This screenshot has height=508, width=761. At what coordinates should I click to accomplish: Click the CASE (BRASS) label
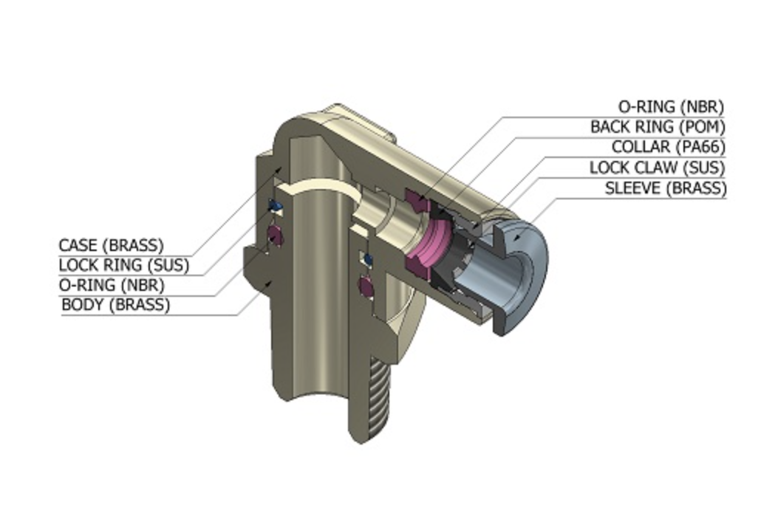pos(111,245)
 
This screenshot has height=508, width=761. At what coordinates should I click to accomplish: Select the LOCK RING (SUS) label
pos(124,265)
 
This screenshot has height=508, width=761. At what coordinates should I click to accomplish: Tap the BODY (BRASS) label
pos(116,305)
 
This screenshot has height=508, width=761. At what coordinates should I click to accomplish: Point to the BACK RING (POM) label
pos(658,127)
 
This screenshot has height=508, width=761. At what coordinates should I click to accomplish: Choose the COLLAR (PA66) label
pos(669,146)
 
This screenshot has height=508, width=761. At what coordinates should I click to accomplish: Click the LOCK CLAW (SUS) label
pos(657,168)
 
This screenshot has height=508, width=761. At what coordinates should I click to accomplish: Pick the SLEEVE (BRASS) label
pos(666,188)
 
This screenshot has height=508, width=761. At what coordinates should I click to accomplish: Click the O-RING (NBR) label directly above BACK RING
pos(671,106)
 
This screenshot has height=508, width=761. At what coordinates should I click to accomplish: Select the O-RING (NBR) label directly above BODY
pos(112,285)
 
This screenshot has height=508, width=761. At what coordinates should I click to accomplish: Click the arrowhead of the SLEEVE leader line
pos(518,237)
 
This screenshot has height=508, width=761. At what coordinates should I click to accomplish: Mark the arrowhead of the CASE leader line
pos(279,169)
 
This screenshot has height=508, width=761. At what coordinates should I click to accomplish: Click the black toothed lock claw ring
pos(454,253)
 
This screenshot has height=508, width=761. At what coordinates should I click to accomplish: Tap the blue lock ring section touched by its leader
pos(276,206)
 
